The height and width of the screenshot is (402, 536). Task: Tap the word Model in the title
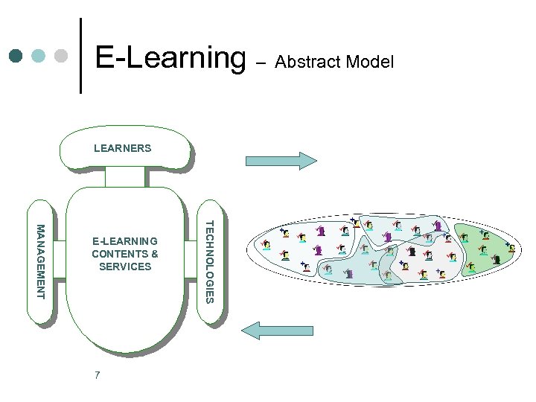[367, 62]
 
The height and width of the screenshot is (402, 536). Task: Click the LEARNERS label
[122, 148]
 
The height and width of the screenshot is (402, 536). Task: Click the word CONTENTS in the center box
[120, 254]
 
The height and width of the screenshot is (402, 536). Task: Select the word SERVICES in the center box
[125, 267]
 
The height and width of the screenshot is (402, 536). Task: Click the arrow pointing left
[281, 330]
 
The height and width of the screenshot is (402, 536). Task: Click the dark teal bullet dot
[16, 56]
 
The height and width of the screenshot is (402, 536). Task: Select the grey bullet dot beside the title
[62, 56]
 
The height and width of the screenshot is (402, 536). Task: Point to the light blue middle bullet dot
[39, 56]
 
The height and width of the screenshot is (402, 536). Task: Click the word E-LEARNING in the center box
[124, 241]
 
